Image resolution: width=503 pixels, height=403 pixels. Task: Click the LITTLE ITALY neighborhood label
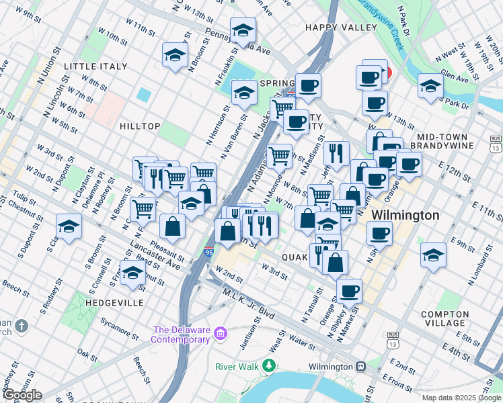point(95,66)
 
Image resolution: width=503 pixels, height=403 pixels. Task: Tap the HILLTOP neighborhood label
point(140,126)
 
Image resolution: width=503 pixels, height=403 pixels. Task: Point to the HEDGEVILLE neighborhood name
point(114,303)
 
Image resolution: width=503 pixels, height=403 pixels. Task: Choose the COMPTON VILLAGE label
point(444,319)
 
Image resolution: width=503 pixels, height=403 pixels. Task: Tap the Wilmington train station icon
point(361,367)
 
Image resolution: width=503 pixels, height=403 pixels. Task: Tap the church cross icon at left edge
point(22,326)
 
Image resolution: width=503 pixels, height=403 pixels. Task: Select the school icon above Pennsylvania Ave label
point(243,30)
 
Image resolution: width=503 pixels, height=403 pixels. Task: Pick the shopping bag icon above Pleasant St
point(173,226)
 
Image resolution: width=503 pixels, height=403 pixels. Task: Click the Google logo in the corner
point(22,395)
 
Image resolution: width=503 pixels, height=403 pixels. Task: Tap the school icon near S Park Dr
point(430,85)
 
